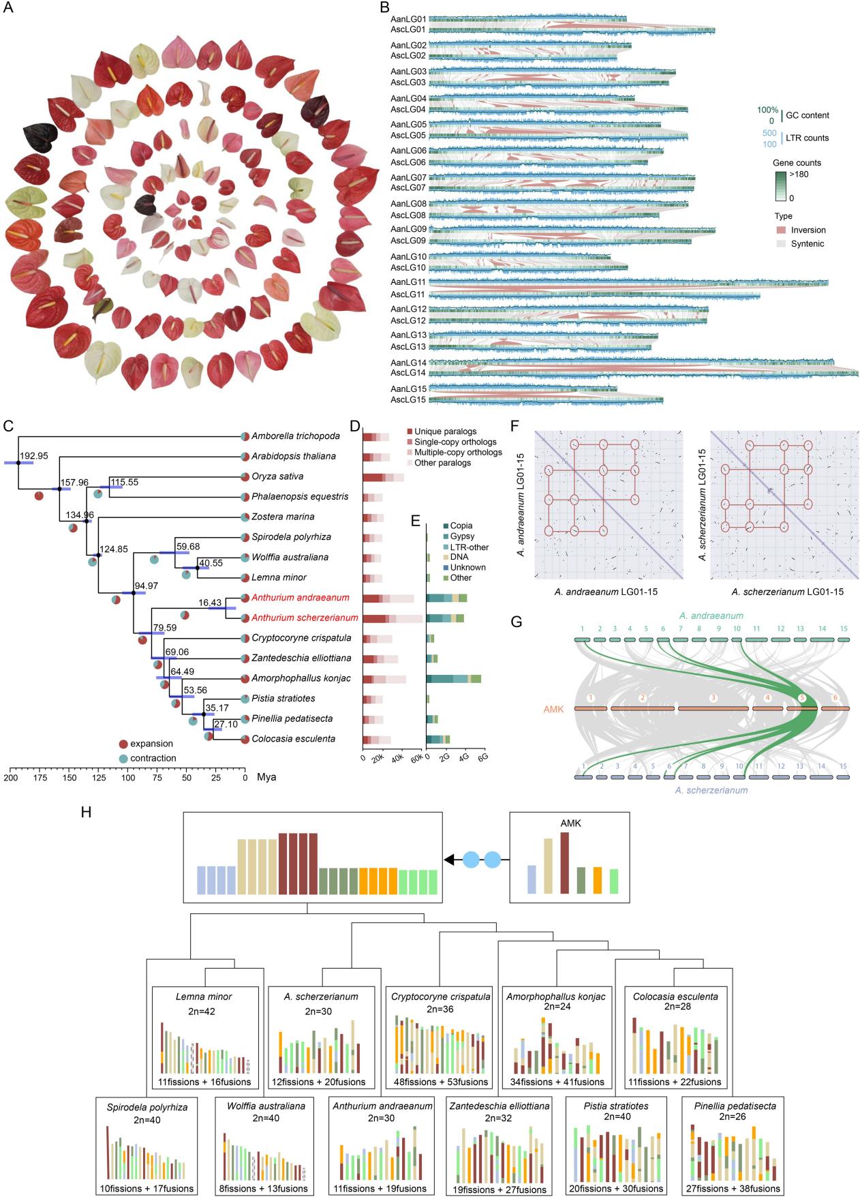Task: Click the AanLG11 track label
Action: click(408, 282)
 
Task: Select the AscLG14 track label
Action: click(408, 373)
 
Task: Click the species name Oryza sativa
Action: click(277, 476)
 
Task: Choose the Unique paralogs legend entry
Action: click(445, 431)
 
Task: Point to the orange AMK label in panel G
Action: click(553, 710)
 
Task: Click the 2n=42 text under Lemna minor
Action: click(202, 1011)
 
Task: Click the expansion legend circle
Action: click(123, 744)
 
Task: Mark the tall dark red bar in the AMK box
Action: click(564, 862)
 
